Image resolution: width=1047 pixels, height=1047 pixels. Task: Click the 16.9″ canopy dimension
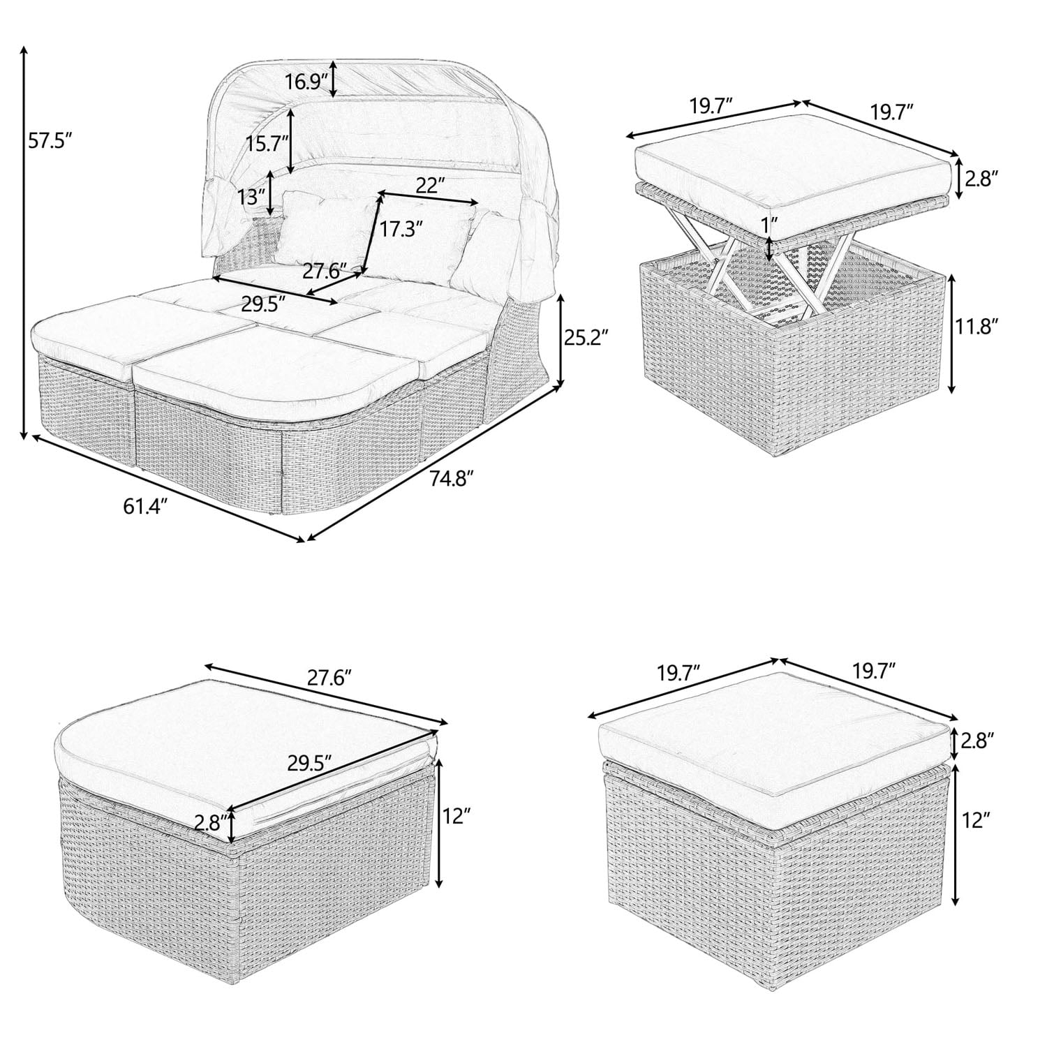coord(306,82)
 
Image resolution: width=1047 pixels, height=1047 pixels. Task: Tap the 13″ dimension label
coord(251,197)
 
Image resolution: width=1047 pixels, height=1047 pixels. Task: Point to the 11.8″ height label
coord(979,326)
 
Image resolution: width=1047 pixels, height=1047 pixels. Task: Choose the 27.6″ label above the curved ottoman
coord(327,676)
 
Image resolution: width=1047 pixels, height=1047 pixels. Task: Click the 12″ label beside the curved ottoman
coord(457,815)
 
